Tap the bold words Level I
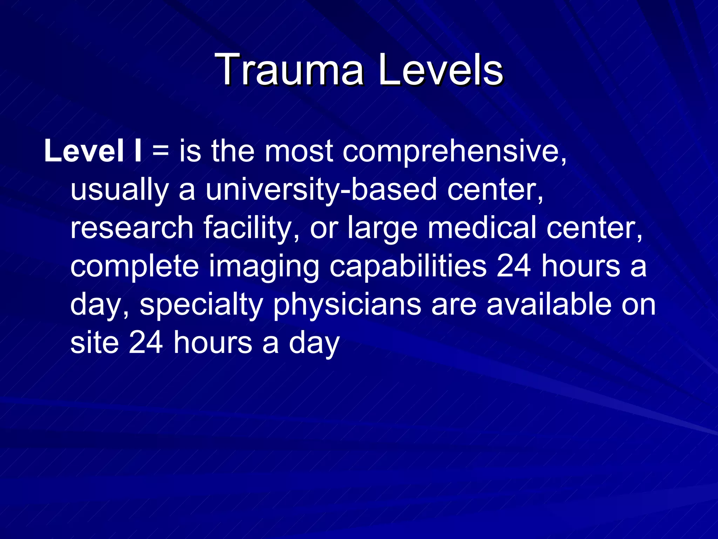coord(93,151)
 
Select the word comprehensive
coord(454,152)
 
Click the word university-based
coord(321,190)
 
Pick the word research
coord(132,228)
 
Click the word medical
coord(482,228)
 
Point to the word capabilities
coord(408,267)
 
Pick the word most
coord(298,152)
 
